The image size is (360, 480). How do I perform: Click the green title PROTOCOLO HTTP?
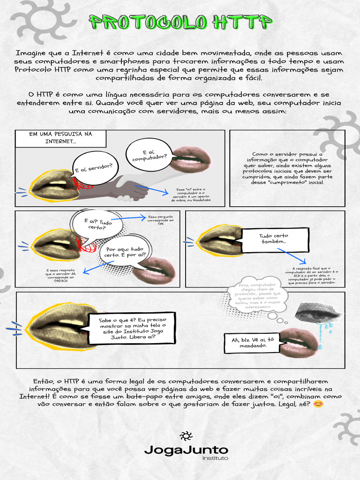[180, 21]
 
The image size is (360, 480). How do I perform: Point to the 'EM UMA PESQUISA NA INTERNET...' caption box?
[61, 138]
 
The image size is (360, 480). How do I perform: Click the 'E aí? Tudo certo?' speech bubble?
[97, 225]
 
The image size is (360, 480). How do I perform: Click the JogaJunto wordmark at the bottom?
[186, 450]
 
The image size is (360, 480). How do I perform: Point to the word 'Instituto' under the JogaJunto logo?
[215, 458]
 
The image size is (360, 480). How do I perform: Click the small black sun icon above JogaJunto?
[186, 435]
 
